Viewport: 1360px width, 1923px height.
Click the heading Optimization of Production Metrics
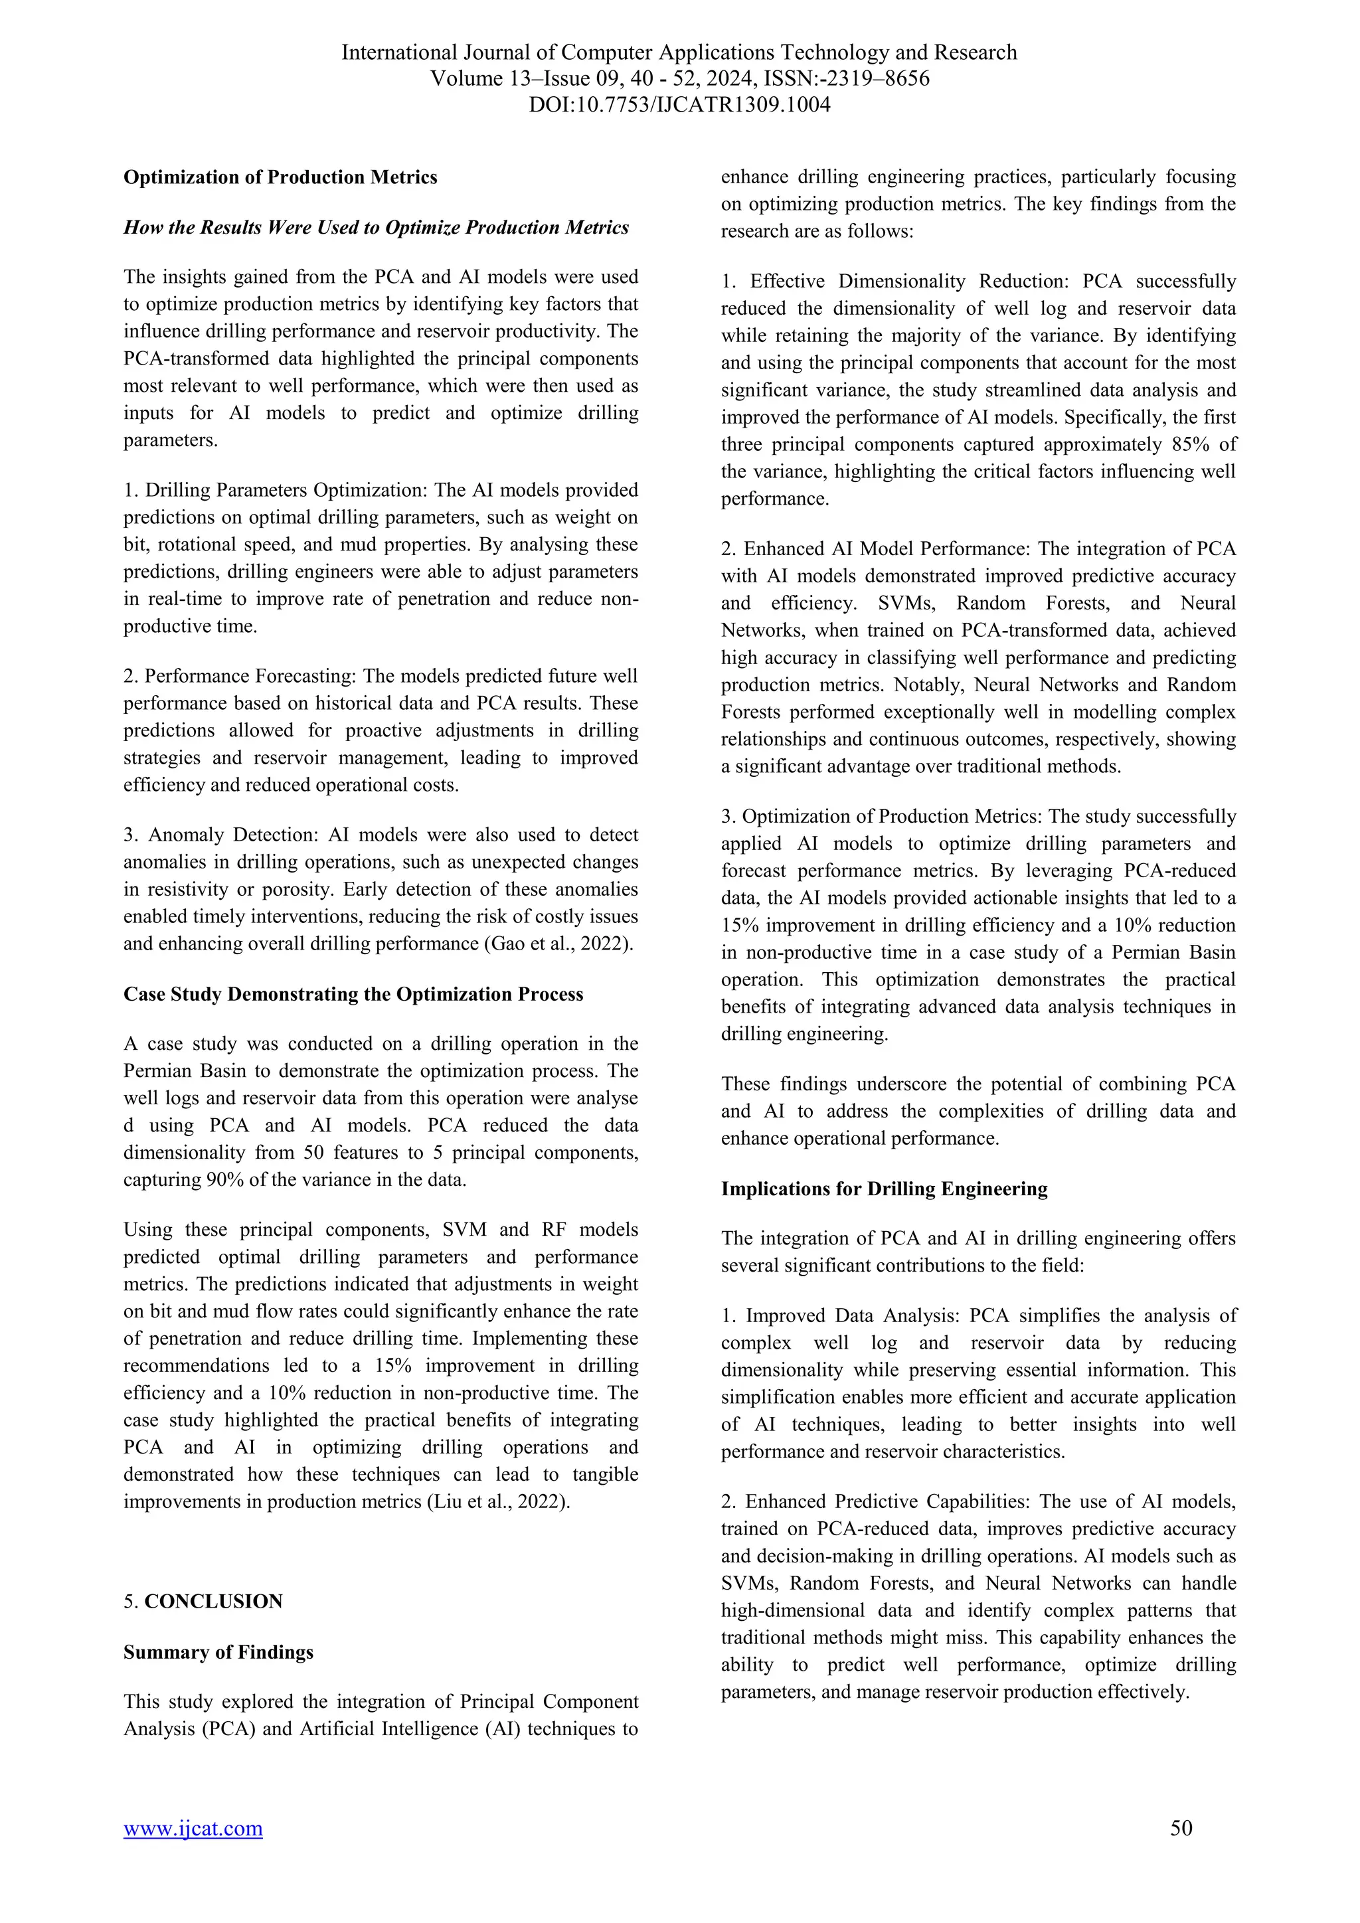(x=280, y=177)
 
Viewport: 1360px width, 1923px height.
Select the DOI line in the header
(x=679, y=106)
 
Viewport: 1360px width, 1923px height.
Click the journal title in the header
(x=679, y=52)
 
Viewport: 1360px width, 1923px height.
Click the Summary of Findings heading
(x=218, y=1651)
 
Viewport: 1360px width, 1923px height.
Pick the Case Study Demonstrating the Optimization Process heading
(x=353, y=994)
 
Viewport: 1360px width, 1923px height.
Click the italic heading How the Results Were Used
(x=375, y=228)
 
